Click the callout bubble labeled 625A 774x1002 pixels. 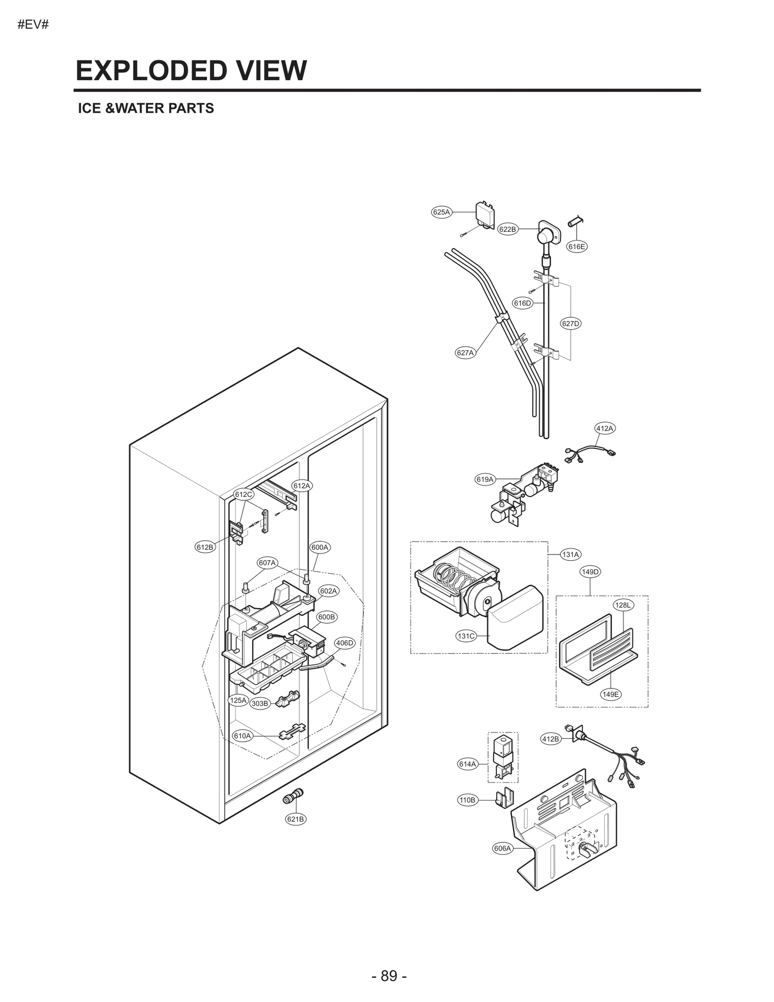pos(441,212)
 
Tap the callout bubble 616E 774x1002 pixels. pos(577,247)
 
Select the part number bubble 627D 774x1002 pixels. pos(571,324)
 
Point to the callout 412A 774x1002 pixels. pos(605,428)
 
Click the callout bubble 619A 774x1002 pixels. pos(485,479)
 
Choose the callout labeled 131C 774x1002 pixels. pos(466,636)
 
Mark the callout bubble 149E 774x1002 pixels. pos(610,694)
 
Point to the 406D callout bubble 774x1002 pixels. pos(345,643)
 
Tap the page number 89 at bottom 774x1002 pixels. pos(389,976)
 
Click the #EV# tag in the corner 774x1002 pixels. pos(33,25)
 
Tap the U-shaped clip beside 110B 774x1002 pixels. pos(505,800)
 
